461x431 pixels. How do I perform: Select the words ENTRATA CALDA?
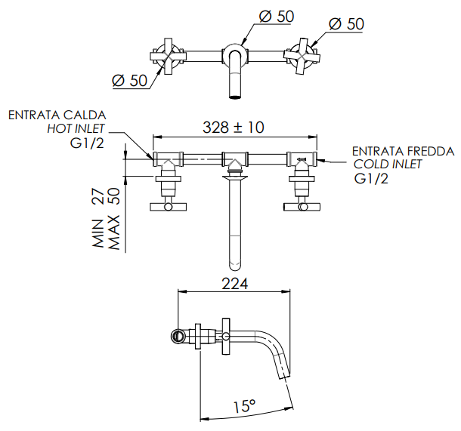(x=57, y=115)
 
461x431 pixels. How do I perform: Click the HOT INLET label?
(x=76, y=128)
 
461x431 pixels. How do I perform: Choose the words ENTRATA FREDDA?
(x=403, y=151)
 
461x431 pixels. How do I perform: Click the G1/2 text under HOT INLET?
(x=88, y=143)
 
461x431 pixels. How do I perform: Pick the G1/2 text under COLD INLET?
(x=371, y=179)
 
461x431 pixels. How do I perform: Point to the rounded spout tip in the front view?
(x=234, y=263)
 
